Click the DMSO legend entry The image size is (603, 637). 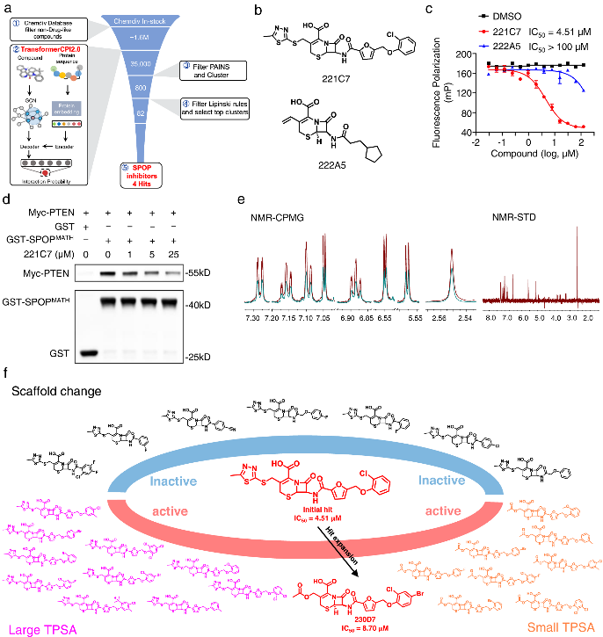[x=512, y=15]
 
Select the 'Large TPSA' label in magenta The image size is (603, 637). [x=36, y=628]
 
